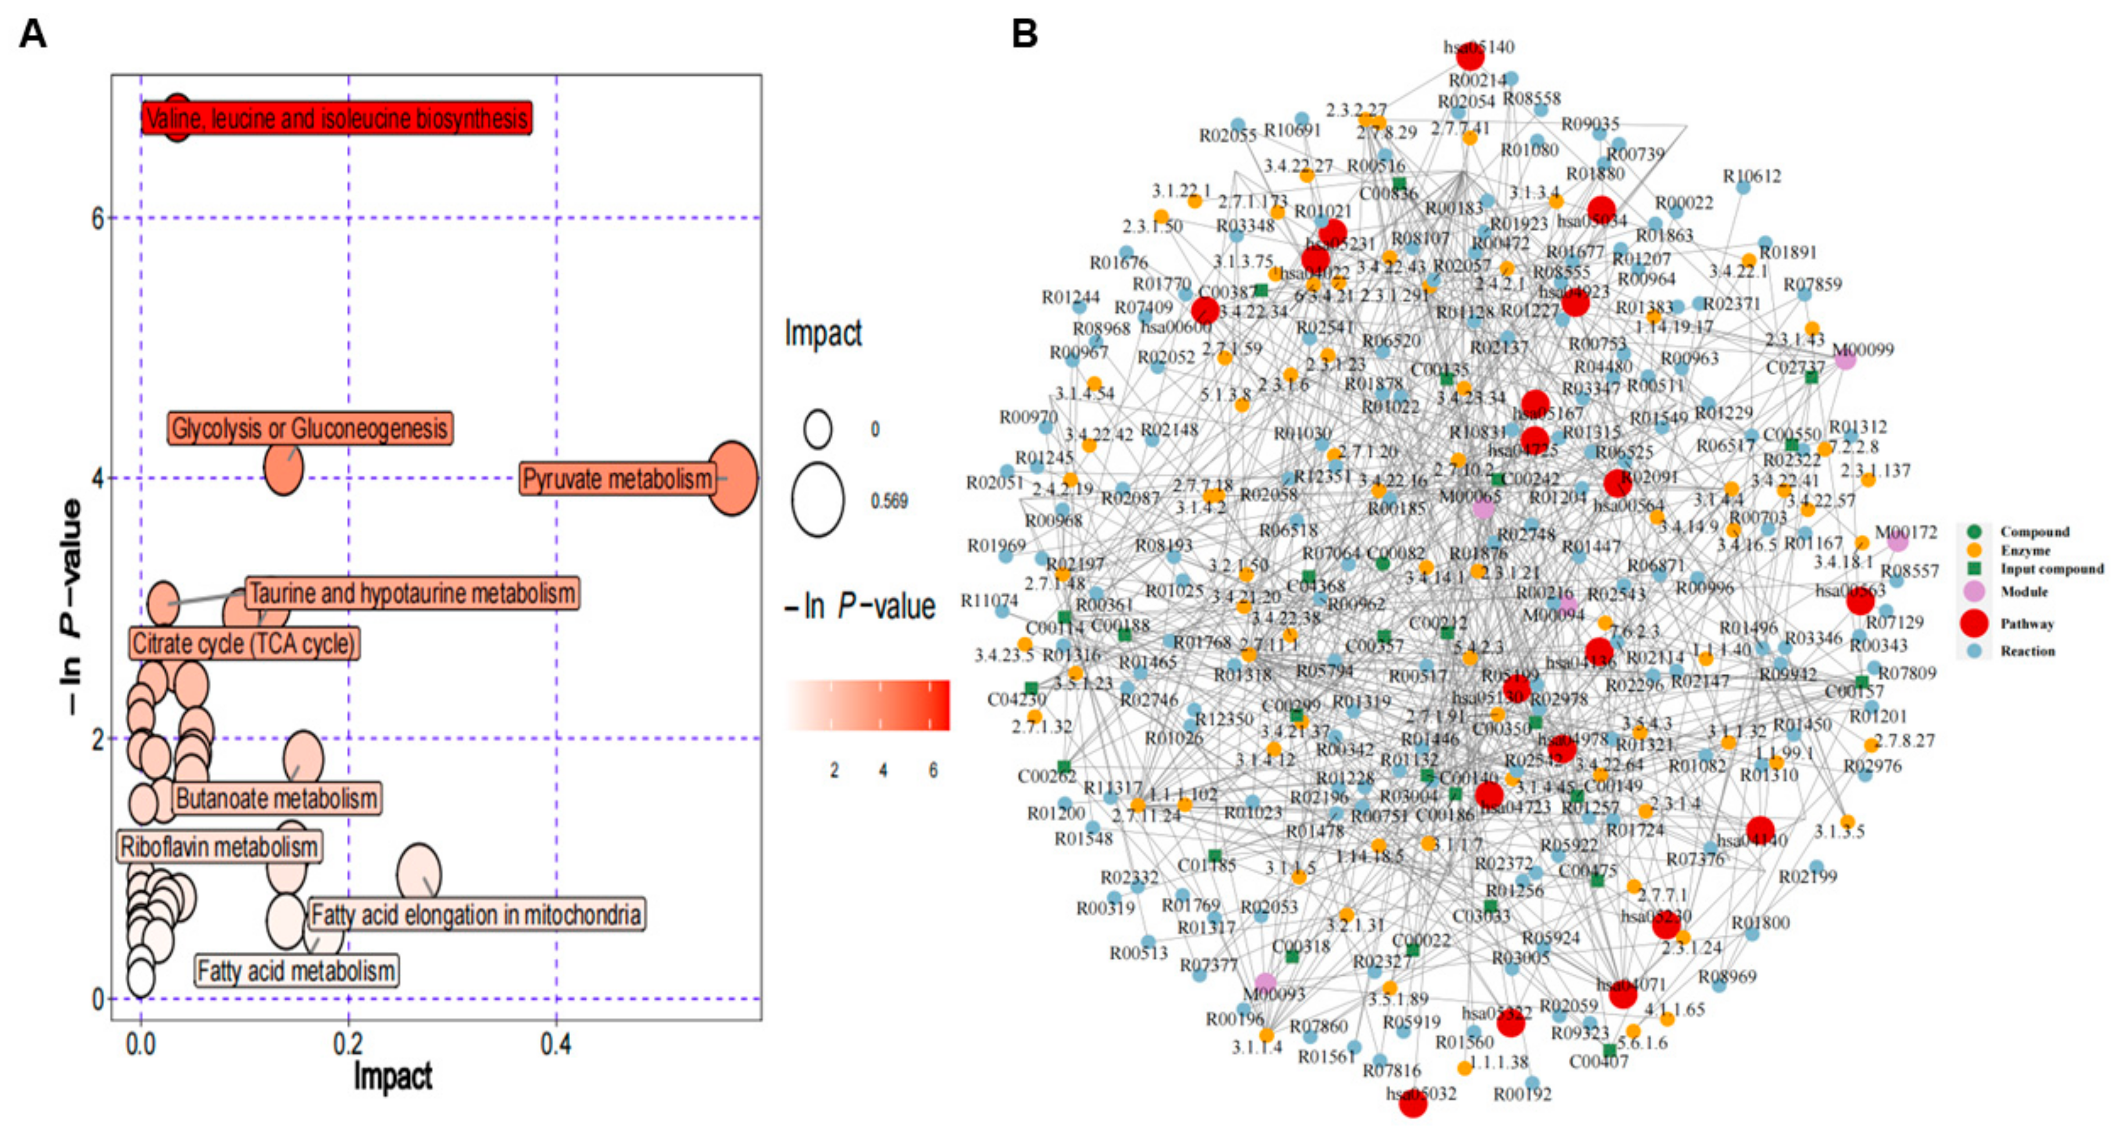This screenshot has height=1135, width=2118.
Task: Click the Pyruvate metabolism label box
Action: point(617,479)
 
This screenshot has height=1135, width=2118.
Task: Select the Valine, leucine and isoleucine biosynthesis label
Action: point(337,119)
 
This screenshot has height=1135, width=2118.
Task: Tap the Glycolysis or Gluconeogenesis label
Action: point(310,429)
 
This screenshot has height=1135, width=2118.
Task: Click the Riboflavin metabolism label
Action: point(219,847)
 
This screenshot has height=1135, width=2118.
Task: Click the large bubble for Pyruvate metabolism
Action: point(732,479)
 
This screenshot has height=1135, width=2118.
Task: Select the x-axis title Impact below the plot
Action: point(393,1076)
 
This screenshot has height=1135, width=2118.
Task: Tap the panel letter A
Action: point(33,34)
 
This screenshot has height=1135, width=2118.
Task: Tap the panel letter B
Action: point(1025,34)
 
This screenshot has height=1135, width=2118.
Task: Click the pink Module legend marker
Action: point(1974,591)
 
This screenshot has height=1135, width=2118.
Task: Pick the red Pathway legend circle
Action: point(1974,623)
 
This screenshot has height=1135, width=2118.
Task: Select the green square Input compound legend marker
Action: point(1974,568)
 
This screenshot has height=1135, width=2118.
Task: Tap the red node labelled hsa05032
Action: point(1412,1104)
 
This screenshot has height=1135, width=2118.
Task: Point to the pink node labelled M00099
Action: point(1845,359)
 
